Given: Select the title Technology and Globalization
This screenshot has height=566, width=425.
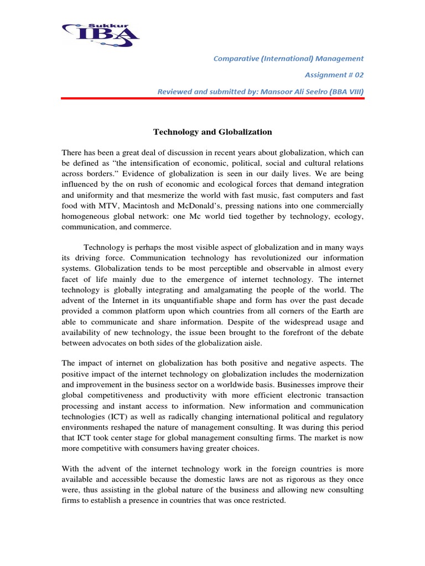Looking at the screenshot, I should (212, 132).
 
